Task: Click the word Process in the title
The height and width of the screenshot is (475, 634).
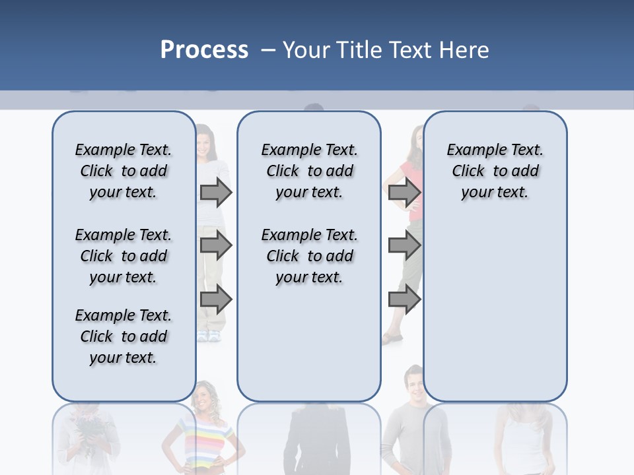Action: click(204, 49)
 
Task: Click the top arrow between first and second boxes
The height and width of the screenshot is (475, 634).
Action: click(216, 192)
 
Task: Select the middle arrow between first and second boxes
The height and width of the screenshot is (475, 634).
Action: click(216, 246)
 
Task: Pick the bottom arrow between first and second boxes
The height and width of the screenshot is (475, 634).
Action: click(216, 300)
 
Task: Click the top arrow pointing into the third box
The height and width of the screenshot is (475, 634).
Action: click(404, 192)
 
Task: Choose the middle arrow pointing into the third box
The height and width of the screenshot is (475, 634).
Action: click(404, 246)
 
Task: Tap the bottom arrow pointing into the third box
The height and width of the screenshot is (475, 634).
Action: click(404, 300)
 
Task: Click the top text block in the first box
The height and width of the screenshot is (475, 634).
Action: click(123, 171)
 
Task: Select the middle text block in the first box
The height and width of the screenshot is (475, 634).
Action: click(123, 256)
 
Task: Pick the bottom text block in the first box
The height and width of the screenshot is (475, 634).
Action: click(123, 336)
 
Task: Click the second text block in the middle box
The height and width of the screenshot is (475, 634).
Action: click(309, 256)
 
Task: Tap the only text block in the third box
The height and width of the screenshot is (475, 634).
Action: click(495, 171)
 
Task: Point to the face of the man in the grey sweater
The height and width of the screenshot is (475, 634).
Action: click(414, 383)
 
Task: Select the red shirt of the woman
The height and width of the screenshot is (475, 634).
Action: click(412, 191)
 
